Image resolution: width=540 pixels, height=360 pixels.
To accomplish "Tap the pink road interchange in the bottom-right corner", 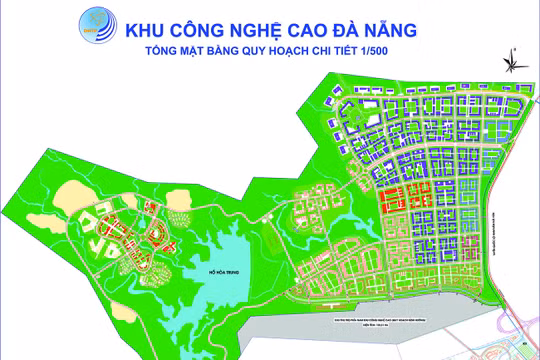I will (520, 340).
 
